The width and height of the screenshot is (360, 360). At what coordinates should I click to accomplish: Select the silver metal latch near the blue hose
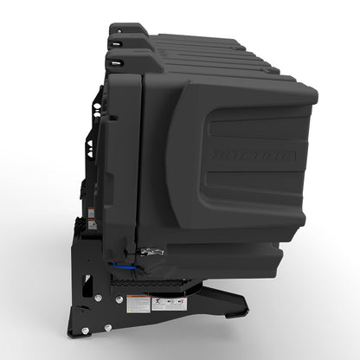pos(153,251)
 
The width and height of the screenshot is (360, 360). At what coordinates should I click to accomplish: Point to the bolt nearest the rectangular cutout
pos(97,299)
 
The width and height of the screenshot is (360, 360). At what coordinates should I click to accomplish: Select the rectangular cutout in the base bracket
pos(87,283)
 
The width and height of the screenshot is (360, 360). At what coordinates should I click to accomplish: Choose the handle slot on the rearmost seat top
pos(115,29)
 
